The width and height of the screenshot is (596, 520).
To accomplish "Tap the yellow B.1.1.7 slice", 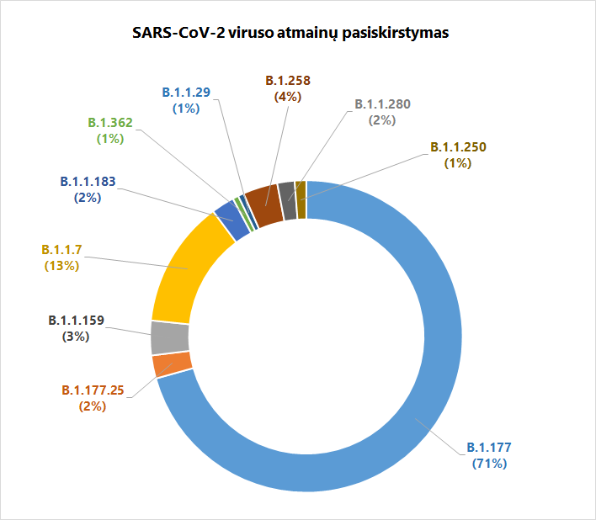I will click(x=185, y=269).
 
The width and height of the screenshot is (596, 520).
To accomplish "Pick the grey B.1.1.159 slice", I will click(x=169, y=337).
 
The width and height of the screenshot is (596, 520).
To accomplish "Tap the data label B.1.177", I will click(x=489, y=447).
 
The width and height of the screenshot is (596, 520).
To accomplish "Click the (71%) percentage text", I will click(x=489, y=463).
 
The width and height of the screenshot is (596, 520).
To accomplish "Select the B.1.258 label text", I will click(x=288, y=81).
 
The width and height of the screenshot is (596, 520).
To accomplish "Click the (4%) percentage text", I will click(x=288, y=97).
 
